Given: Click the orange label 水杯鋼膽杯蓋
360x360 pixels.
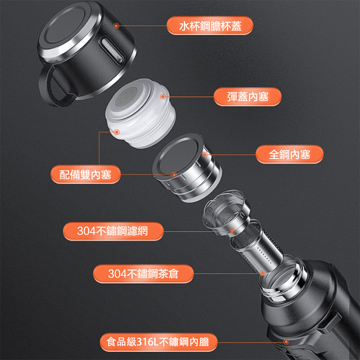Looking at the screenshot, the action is (x=210, y=26).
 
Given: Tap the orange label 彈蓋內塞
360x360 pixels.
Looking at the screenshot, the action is (x=248, y=96).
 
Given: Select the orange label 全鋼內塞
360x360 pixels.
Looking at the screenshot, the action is (x=289, y=154).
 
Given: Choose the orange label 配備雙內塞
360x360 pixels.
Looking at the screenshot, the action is (x=85, y=174).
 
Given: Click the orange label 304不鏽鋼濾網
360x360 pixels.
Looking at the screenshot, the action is (x=113, y=231).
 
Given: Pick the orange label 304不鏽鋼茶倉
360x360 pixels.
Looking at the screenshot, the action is (x=143, y=274).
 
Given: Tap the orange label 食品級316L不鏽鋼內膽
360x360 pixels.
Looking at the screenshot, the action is (x=158, y=342).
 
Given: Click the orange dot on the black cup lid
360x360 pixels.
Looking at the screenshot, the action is (x=116, y=26).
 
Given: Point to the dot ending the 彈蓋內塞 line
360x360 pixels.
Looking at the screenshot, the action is (x=163, y=96).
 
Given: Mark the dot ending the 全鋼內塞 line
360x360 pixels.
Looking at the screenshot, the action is (x=205, y=155).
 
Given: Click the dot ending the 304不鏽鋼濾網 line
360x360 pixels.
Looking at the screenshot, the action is (x=232, y=231).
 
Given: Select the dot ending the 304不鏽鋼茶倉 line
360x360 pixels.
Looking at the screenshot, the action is (x=262, y=273).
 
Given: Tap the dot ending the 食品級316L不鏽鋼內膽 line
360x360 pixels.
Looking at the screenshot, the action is (x=286, y=342).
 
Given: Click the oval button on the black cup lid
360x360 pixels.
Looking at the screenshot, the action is (x=112, y=51).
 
